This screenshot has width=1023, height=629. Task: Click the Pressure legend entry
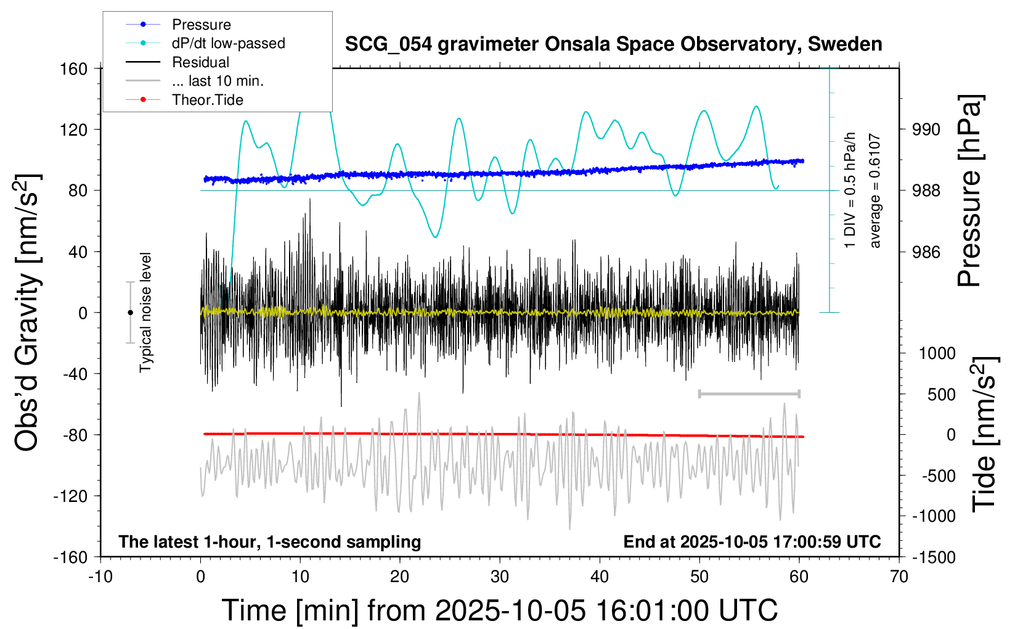201,25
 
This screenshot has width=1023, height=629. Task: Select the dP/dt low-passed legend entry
228,43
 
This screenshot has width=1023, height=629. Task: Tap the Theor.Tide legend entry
207,100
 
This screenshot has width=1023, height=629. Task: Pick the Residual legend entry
200,62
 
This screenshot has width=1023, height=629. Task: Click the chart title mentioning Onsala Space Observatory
613,44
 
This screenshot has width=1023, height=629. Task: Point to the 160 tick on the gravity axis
74,68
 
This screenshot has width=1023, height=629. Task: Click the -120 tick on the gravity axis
71,496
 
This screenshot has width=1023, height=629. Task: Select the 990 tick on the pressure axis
926,129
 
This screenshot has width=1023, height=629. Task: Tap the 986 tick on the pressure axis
926,252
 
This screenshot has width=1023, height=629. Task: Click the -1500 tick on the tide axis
934,557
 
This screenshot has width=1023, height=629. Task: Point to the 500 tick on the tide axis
941,395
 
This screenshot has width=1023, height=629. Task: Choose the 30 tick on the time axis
500,577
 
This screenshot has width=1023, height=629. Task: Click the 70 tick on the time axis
899,577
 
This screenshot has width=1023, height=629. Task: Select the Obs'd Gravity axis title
27,313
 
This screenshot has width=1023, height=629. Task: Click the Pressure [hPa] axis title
970,191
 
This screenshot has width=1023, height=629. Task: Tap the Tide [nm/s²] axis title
984,434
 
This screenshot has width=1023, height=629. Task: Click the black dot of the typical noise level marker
130,313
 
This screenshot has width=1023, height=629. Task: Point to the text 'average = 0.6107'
874,191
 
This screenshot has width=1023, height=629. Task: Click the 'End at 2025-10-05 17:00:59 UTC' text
752,542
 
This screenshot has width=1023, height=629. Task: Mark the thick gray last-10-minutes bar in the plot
749,393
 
